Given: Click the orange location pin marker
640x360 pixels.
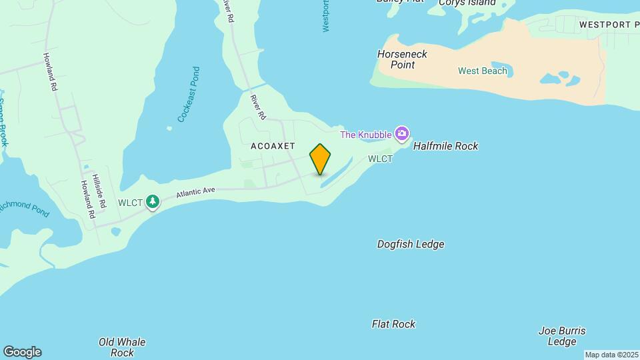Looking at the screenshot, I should tap(320, 159).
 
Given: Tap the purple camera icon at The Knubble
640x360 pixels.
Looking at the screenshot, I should tap(401, 134).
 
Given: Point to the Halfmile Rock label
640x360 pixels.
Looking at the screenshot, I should tap(445, 146).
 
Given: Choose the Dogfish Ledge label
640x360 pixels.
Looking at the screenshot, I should tap(411, 245).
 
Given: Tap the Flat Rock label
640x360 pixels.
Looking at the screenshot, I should tap(393, 325).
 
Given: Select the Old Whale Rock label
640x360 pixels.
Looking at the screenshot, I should tap(122, 347).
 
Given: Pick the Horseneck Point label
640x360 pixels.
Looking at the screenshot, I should tap(402, 59).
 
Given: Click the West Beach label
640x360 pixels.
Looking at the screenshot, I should tap(483, 71).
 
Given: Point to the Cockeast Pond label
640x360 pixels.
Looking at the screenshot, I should tap(189, 94).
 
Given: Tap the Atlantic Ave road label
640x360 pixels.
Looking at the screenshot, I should tap(196, 193).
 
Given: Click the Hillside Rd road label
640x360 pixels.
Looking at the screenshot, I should tap(99, 193).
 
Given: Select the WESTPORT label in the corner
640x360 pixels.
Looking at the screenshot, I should tap(608, 25).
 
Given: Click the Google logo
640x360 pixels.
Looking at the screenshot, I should tap(22, 352).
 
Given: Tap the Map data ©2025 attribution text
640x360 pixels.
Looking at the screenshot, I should tap(611, 355).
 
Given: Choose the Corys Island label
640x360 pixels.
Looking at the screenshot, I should tap(467, 3).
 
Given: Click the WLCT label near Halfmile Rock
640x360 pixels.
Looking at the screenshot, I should tap(380, 159).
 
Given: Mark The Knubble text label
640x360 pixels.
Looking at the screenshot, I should tap(365, 135).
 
